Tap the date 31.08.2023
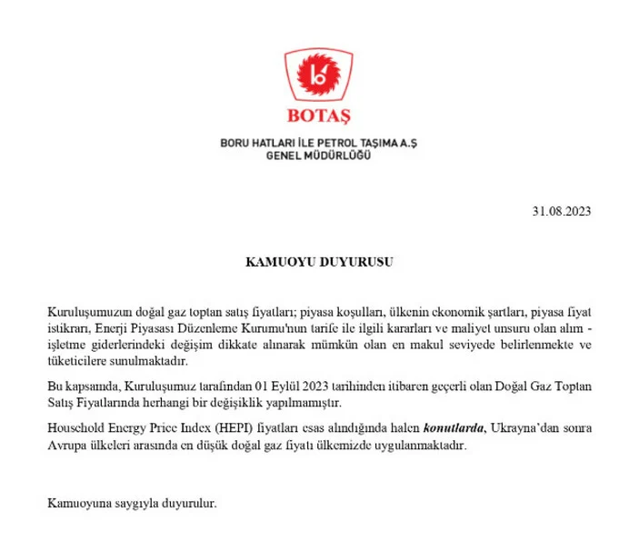tap(563, 212)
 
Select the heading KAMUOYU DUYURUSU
tap(319, 261)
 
